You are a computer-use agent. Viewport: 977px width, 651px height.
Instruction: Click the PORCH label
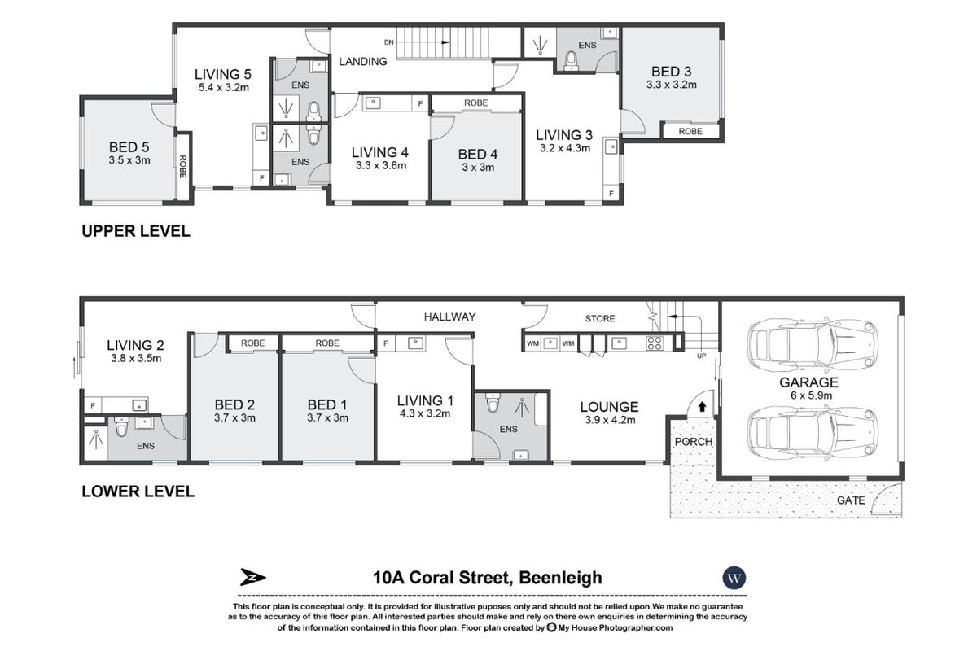pyautogui.click(x=692, y=442)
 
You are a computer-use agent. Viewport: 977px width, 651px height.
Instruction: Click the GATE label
pyautogui.click(x=852, y=500)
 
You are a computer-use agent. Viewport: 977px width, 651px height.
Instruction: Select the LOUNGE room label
pyautogui.click(x=608, y=407)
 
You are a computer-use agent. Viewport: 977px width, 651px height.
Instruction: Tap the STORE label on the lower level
pyautogui.click(x=600, y=318)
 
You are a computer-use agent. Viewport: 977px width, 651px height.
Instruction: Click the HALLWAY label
pyautogui.click(x=449, y=317)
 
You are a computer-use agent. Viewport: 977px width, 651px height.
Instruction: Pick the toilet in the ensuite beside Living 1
pyautogui.click(x=492, y=404)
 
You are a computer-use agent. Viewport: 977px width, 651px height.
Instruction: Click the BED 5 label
pyautogui.click(x=129, y=147)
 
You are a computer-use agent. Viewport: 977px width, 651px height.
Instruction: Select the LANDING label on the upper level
pyautogui.click(x=362, y=61)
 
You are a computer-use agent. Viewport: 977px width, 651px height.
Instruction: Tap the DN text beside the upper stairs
pyautogui.click(x=390, y=42)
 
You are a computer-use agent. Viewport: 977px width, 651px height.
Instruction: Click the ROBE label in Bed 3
pyautogui.click(x=690, y=130)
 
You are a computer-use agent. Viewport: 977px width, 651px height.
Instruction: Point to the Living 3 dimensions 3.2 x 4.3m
pyautogui.click(x=564, y=148)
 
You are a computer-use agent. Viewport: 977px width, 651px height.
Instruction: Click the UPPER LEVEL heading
pyautogui.click(x=135, y=231)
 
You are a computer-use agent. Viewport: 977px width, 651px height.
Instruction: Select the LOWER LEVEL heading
pyautogui.click(x=137, y=492)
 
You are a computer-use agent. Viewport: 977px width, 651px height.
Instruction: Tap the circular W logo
pyautogui.click(x=734, y=578)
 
